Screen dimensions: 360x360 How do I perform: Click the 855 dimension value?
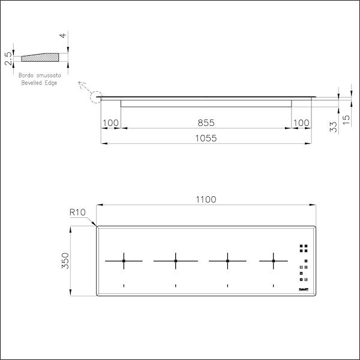click(x=206, y=122)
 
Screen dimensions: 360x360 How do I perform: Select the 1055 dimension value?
click(x=206, y=137)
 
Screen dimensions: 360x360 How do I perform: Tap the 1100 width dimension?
click(x=206, y=199)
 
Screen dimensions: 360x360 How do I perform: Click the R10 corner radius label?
click(x=77, y=212)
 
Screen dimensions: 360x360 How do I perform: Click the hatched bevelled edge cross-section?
click(x=42, y=57)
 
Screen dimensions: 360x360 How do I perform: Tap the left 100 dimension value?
click(x=111, y=122)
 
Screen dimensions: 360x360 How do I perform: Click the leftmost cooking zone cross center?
click(x=124, y=261)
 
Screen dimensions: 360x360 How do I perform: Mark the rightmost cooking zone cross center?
click(x=273, y=261)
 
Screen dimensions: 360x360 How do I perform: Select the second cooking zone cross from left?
click(x=175, y=261)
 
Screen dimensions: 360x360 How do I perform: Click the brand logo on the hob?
click(x=303, y=289)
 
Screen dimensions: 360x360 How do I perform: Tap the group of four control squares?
click(x=303, y=247)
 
